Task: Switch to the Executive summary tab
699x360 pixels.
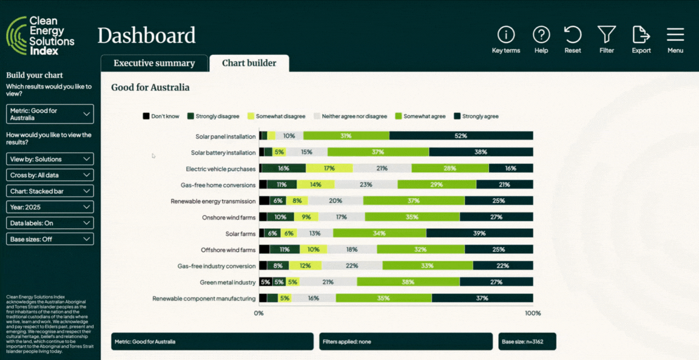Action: tap(154, 63)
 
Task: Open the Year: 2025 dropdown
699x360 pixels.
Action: tap(50, 207)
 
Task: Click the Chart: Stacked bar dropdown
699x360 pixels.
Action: tap(50, 191)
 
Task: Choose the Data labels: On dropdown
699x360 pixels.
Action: tap(50, 223)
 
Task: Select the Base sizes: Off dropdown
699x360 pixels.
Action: tap(50, 239)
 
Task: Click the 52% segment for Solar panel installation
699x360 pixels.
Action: tap(461, 136)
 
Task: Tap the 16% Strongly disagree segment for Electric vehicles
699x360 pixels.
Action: tap(283, 168)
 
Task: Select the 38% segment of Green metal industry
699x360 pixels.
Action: tap(408, 282)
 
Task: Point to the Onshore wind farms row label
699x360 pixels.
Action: tap(228, 217)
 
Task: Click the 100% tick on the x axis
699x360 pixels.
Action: tap(532, 313)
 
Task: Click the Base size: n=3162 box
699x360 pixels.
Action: tap(527, 342)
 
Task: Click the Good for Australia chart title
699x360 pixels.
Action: tap(150, 87)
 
